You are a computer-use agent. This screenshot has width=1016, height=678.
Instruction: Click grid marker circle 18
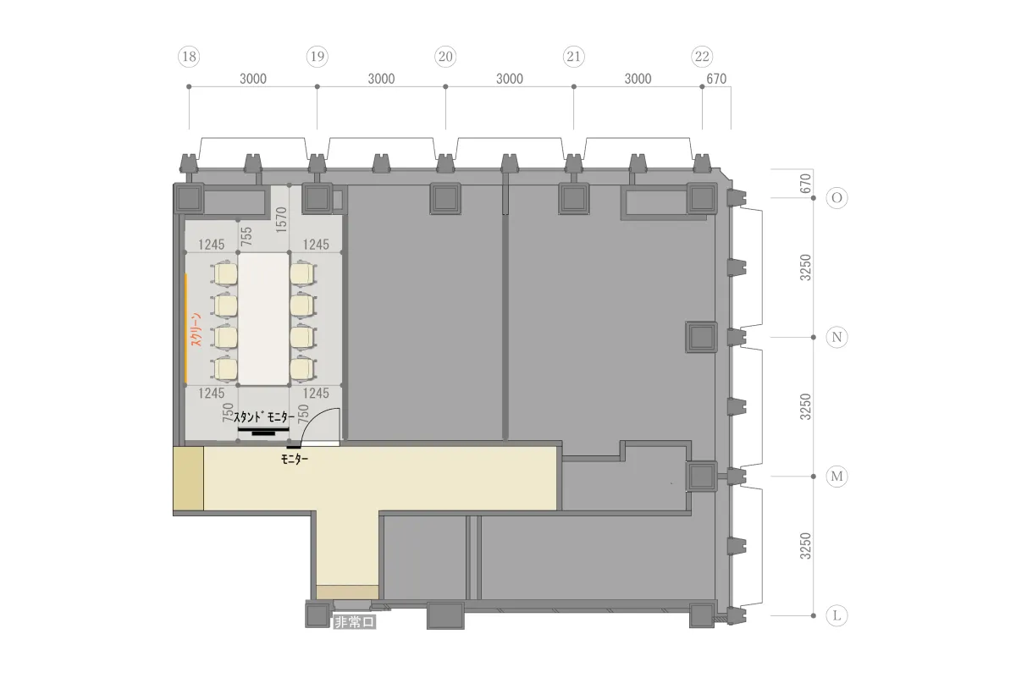189,57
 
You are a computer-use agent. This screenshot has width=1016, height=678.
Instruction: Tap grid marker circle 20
445,57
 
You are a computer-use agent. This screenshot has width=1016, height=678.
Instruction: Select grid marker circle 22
702,57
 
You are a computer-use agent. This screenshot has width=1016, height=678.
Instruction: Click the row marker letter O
837,198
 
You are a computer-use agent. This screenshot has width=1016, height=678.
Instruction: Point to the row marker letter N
837,338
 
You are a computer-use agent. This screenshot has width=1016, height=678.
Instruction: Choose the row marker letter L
837,616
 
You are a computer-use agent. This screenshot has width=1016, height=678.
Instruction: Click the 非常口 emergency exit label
354,622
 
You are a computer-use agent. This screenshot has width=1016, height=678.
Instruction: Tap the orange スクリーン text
196,330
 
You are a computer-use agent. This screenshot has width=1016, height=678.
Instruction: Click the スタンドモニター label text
264,416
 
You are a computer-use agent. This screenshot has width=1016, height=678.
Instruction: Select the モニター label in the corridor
295,460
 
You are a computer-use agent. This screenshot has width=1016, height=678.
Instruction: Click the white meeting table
263,319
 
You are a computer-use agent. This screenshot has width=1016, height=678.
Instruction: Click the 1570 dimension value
281,220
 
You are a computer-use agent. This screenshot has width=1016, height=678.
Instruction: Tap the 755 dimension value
246,237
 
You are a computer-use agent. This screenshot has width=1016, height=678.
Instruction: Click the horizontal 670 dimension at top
716,79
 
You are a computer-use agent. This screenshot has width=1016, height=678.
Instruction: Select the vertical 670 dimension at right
805,184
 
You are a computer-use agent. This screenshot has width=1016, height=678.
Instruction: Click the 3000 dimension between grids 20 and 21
510,79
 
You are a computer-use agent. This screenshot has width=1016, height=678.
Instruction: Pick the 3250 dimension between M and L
805,546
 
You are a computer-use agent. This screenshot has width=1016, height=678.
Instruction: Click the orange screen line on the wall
186,328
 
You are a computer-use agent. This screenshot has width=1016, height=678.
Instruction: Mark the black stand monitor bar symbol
263,432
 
